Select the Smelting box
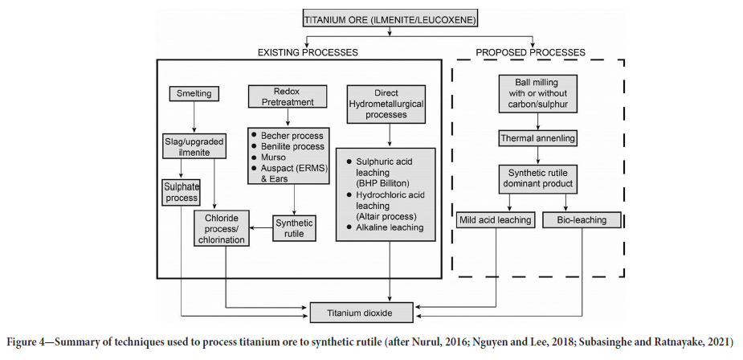(x=194, y=94)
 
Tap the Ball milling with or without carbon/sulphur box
(x=538, y=92)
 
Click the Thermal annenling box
(x=538, y=137)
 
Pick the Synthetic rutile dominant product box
(x=538, y=178)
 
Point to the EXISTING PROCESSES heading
(x=308, y=52)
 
